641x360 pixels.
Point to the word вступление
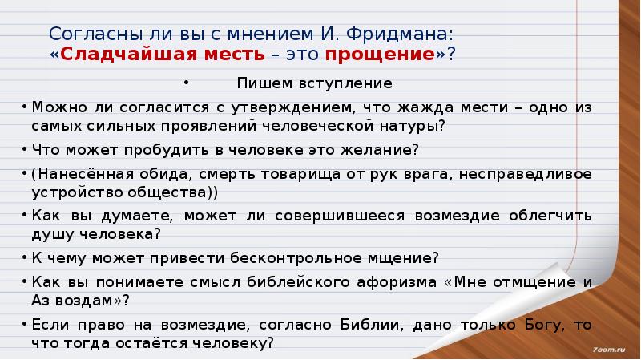point(353,83)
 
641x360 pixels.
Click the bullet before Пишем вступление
point(185,83)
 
